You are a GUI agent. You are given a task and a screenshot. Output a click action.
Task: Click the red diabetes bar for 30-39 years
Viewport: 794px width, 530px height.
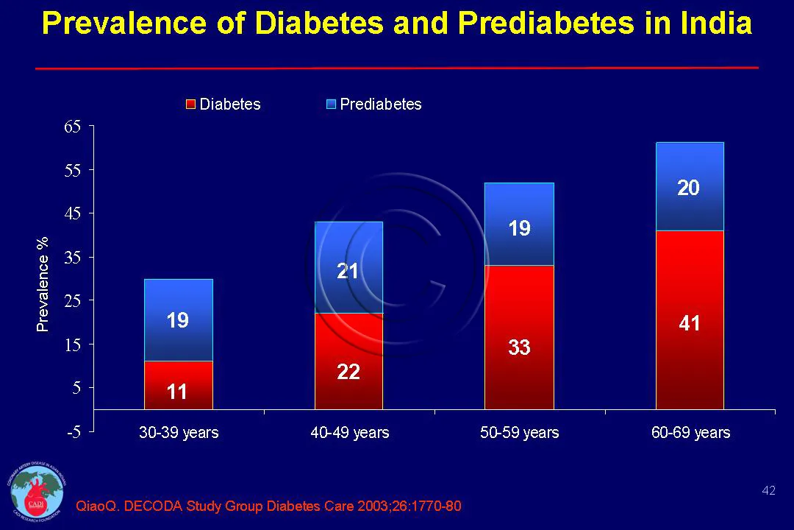179,385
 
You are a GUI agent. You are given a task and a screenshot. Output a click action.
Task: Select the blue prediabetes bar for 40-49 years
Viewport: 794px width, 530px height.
349,267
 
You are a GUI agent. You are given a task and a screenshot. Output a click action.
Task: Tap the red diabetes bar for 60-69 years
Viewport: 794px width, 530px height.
690,320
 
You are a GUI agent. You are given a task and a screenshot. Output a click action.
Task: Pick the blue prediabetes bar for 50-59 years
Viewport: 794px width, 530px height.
519,224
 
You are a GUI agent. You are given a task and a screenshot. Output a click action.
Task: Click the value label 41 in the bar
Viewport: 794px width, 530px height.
689,323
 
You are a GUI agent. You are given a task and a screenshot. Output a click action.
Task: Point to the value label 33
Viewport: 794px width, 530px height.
519,347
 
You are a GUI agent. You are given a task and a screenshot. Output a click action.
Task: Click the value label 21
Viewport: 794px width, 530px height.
348,272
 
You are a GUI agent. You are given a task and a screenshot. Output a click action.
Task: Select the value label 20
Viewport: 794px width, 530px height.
688,188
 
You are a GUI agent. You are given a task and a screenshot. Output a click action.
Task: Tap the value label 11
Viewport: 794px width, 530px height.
177,392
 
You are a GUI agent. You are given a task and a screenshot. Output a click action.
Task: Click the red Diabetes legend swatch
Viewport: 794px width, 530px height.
190,105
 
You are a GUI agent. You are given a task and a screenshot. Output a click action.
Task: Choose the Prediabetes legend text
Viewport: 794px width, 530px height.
381,105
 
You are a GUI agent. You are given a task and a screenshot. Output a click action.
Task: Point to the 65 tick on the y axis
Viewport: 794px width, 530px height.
72,127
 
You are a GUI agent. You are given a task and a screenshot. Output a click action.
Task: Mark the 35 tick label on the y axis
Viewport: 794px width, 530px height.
72,258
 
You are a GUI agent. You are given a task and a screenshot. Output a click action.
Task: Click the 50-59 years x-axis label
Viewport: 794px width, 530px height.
519,433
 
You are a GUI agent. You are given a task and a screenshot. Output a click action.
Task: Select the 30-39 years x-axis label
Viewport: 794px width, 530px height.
179,433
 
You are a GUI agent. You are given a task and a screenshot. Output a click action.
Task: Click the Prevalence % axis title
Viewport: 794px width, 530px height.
43,284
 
